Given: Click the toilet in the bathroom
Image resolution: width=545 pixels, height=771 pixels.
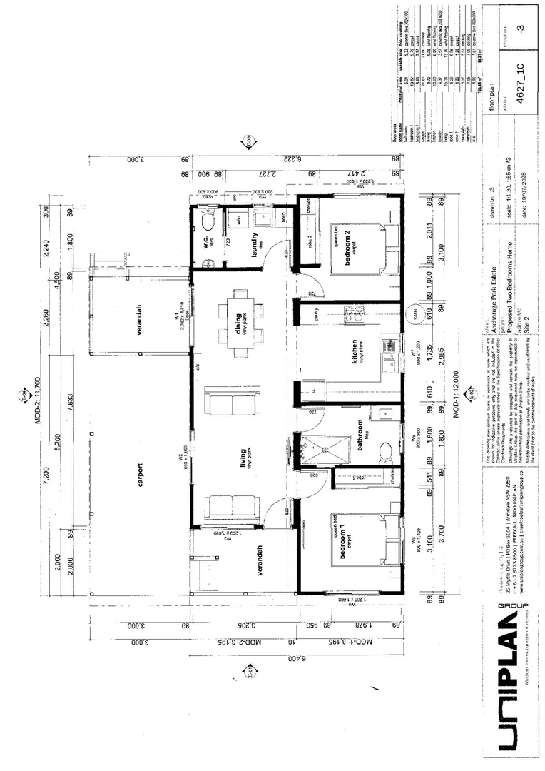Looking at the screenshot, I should pyautogui.click(x=386, y=451).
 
